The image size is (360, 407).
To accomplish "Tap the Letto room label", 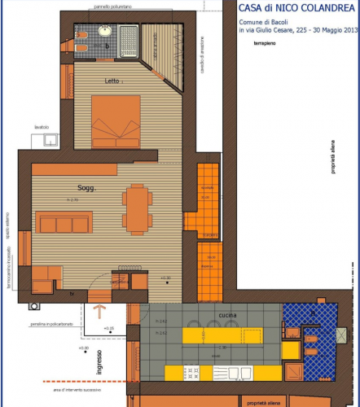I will pos(113,81).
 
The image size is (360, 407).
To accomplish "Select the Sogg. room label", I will pos(86,188).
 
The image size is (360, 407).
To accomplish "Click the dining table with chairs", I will pos(136,207).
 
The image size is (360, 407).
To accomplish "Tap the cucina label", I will pos(227,314).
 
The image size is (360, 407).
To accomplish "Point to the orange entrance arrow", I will pos(101,312).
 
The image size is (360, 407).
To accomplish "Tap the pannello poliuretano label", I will pos(112,7).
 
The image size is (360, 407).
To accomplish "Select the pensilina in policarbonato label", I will pos(50,324).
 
